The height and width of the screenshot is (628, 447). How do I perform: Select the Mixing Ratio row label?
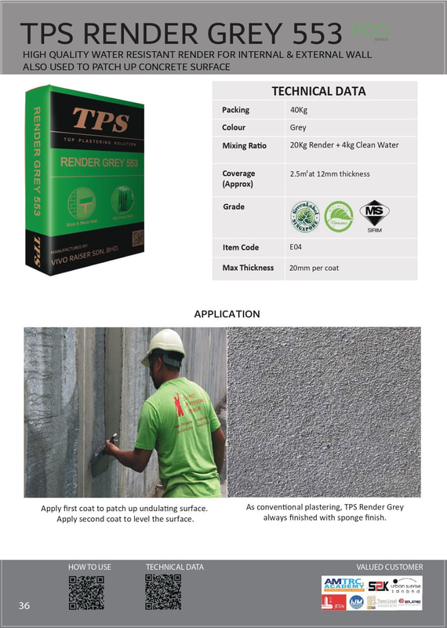click(244, 146)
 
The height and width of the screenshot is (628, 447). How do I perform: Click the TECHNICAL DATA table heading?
click(318, 91)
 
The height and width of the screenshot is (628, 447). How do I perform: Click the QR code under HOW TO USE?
click(86, 593)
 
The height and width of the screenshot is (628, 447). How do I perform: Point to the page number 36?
click(25, 605)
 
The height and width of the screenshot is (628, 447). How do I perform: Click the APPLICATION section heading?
click(227, 314)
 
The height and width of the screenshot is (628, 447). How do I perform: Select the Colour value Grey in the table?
click(298, 127)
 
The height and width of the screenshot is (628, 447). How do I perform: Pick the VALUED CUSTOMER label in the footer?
click(389, 567)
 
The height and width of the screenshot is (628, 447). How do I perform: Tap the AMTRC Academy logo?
click(343, 584)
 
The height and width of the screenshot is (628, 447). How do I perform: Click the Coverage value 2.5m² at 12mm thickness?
click(329, 173)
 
